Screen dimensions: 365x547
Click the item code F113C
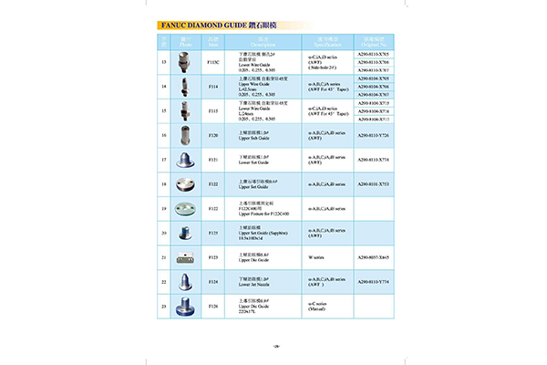click(214, 62)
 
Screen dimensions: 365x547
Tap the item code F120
click(214, 135)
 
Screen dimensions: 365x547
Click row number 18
click(164, 184)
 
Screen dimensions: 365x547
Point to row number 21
click(164, 257)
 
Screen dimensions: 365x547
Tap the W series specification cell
click(310, 257)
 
